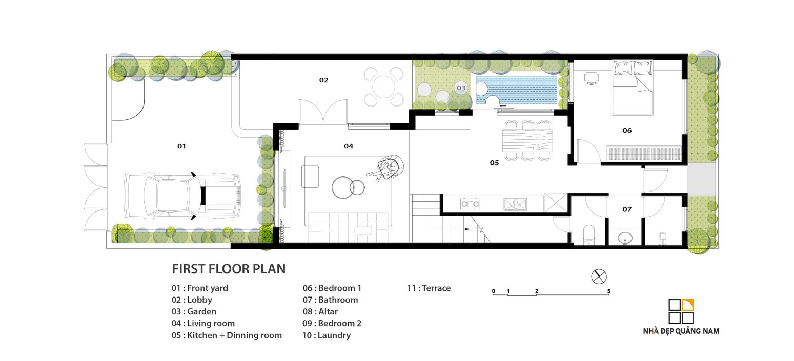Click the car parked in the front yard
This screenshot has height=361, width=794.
click(x=182, y=196)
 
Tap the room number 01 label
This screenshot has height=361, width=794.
click(x=181, y=146)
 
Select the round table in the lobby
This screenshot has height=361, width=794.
click(x=383, y=87)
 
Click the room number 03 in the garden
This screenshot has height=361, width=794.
click(x=461, y=88)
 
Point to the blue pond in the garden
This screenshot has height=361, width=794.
click(x=517, y=91)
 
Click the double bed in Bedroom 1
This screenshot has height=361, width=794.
click(x=633, y=88)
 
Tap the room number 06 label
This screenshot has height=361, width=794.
click(x=627, y=131)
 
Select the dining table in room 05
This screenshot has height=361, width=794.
click(x=527, y=140)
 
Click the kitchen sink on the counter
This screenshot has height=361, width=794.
click(x=515, y=204)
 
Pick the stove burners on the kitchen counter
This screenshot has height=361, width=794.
click(x=470, y=204)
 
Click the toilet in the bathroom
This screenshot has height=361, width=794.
click(x=589, y=234)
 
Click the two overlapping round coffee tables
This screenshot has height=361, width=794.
click(x=348, y=187)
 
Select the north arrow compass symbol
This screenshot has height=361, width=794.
click(x=599, y=277)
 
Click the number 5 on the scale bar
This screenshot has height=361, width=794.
click(x=608, y=291)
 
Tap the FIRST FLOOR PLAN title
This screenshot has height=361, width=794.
click(x=229, y=269)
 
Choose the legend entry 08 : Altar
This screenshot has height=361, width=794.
click(x=320, y=311)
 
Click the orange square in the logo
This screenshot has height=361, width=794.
click(x=688, y=305)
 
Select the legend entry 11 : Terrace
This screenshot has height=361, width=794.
click(x=429, y=288)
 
